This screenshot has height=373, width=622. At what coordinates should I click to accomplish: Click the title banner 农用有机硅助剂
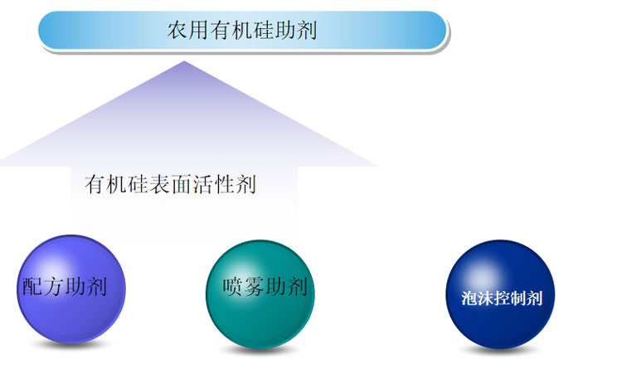coord(242,31)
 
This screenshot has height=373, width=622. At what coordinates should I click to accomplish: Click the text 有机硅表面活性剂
coord(170,184)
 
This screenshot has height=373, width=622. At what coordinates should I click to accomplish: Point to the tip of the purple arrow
coord(184,63)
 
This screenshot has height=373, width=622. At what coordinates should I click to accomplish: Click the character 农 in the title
coord(177,31)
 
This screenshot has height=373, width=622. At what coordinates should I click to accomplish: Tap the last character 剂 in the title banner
coord(308,31)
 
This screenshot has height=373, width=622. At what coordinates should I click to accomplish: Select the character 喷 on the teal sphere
coord(233,288)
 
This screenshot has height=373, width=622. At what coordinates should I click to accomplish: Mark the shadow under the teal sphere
coord(260,348)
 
